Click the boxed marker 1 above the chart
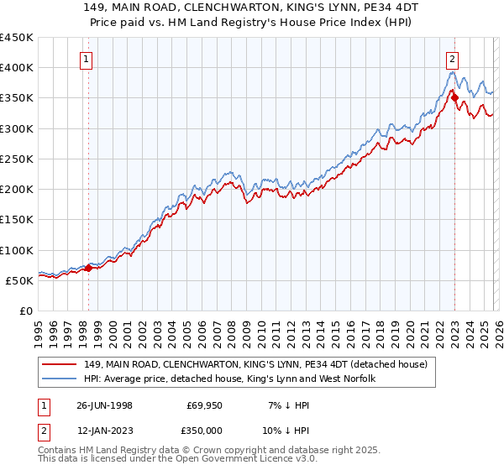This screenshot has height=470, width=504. (88, 59)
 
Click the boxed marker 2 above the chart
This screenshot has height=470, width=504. (453, 59)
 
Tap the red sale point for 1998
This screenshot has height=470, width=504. (89, 269)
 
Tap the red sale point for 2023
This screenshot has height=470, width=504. (454, 97)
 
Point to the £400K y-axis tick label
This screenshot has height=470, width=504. (17, 68)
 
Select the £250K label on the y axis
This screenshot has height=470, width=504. (17, 159)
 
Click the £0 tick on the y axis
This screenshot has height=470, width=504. (25, 311)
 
